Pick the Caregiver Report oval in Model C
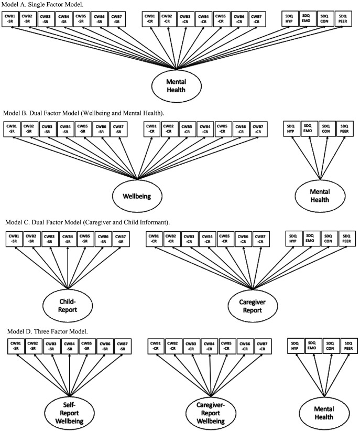coord(254,306)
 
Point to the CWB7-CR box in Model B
coord(257,129)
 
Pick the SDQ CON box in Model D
coord(332,347)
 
